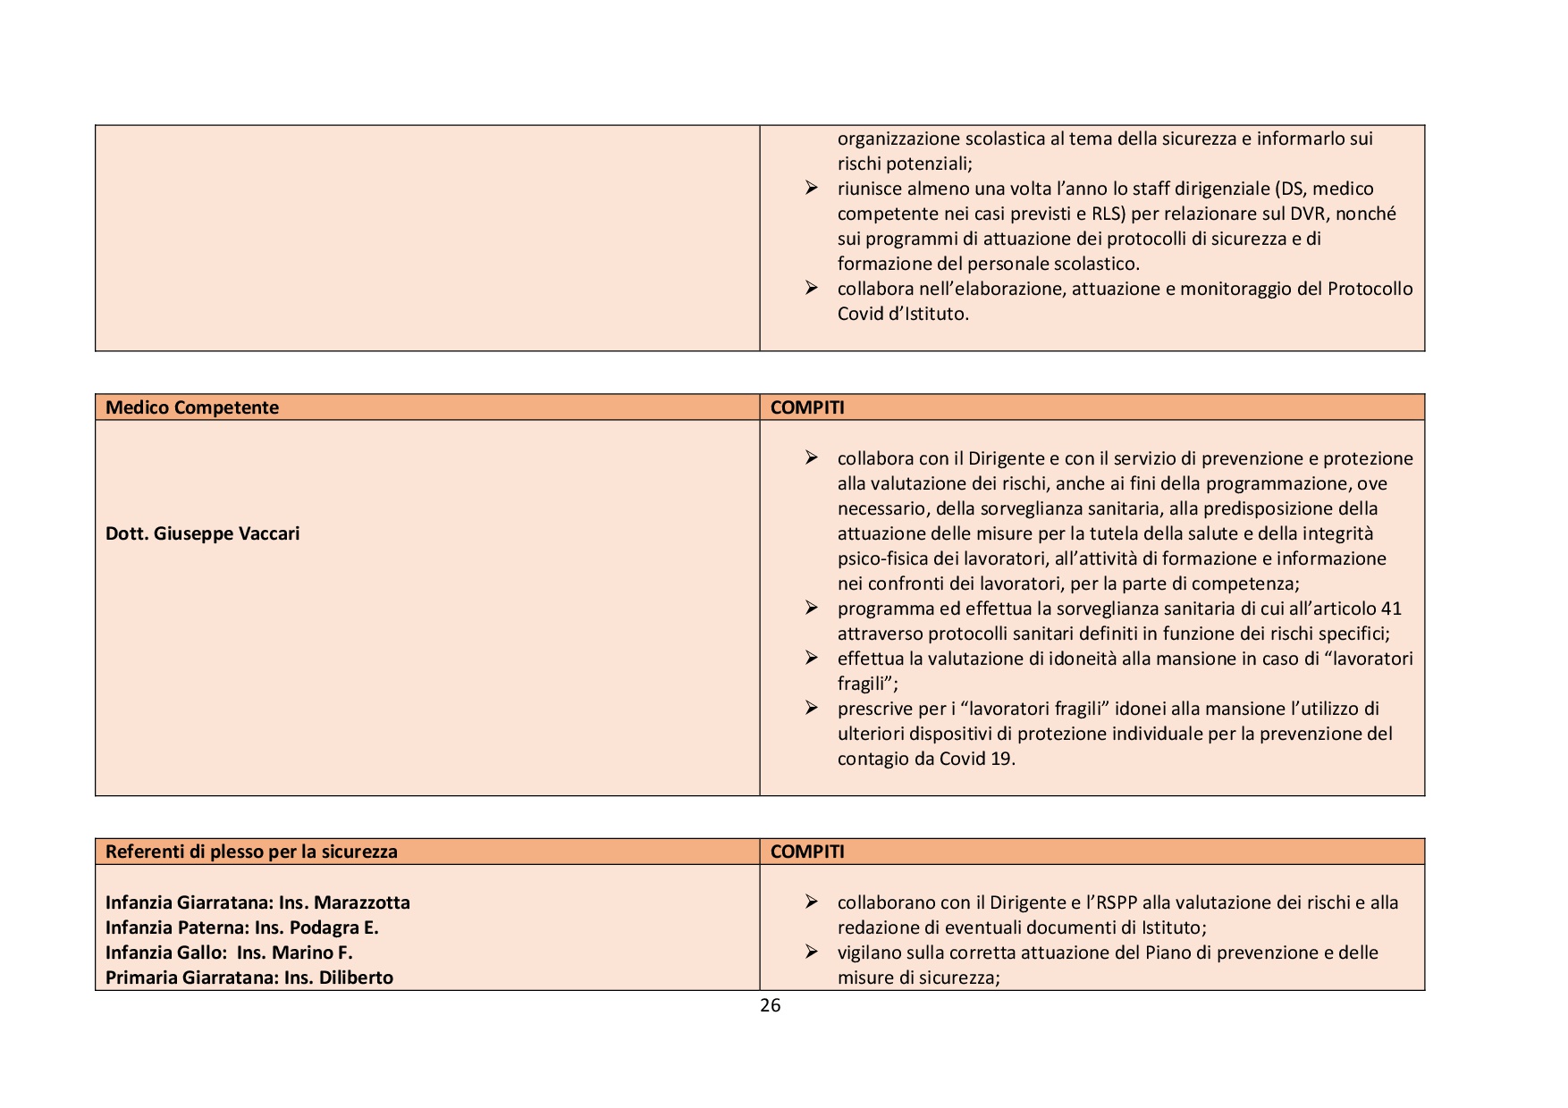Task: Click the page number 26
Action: point(770,1005)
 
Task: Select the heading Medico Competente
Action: point(192,407)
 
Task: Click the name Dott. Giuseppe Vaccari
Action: point(203,533)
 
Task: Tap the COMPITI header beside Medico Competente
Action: point(807,407)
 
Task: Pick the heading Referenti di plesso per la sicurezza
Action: point(251,852)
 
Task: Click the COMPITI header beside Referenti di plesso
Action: point(807,852)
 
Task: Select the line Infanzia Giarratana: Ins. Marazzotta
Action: point(257,902)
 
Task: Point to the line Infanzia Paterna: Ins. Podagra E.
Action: point(242,928)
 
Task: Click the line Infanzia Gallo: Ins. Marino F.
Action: point(229,953)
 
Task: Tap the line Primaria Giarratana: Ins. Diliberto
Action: point(249,978)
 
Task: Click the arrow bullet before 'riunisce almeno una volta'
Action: point(811,188)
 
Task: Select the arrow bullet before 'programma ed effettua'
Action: point(811,608)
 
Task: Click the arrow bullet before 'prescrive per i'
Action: point(811,708)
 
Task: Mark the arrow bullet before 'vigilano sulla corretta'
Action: point(811,952)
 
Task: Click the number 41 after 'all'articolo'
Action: point(1391,609)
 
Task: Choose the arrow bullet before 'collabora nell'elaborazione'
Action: point(811,288)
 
